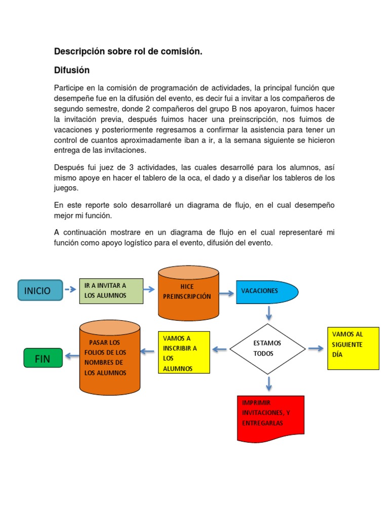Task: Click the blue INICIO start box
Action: point(40,290)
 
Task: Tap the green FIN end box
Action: point(43,359)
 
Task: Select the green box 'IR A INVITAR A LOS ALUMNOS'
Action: point(111,290)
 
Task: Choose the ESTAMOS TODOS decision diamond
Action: point(267,349)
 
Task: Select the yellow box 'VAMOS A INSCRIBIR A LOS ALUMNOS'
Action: point(183,352)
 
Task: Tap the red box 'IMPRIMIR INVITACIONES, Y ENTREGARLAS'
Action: point(270,418)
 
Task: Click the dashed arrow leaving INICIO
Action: point(71,290)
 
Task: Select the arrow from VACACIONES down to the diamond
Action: point(268,314)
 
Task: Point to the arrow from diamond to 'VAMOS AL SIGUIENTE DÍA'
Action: point(316,349)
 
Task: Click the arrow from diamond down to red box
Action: point(268,383)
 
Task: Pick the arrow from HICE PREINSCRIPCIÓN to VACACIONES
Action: point(227,290)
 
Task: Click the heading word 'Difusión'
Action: point(72,70)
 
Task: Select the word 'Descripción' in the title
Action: point(79,52)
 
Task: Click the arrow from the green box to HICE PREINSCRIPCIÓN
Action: point(149,289)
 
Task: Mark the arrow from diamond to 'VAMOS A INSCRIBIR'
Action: point(219,349)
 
